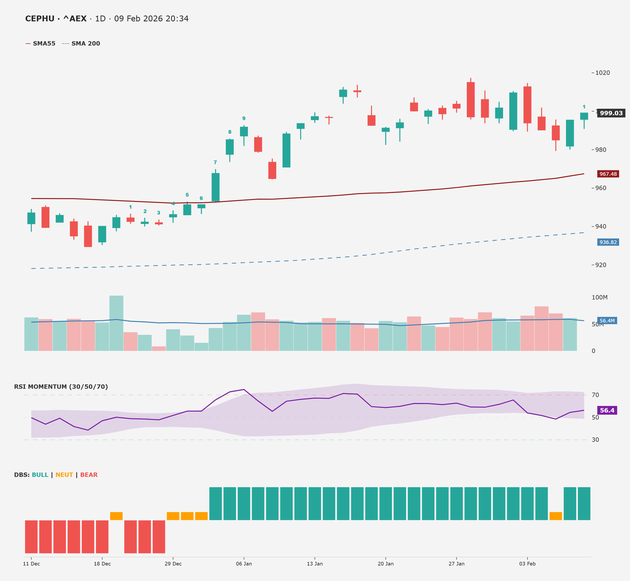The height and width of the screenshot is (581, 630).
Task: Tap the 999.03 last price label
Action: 611,113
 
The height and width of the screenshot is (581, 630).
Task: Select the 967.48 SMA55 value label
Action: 608,174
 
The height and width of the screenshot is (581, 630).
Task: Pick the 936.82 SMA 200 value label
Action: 608,242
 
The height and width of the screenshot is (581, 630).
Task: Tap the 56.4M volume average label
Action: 607,321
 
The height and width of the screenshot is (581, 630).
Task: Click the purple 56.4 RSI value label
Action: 607,410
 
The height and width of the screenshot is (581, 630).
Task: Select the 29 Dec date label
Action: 173,564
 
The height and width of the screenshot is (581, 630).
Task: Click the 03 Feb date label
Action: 527,564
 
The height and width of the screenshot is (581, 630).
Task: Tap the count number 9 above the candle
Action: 244,119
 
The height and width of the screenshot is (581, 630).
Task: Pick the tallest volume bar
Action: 116,323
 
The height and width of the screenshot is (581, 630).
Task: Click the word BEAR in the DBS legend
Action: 89,475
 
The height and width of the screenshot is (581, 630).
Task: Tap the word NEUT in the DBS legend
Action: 64,475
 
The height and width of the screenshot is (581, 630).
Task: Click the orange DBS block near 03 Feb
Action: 555,516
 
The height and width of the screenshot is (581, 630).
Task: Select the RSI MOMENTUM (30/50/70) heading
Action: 61,387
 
